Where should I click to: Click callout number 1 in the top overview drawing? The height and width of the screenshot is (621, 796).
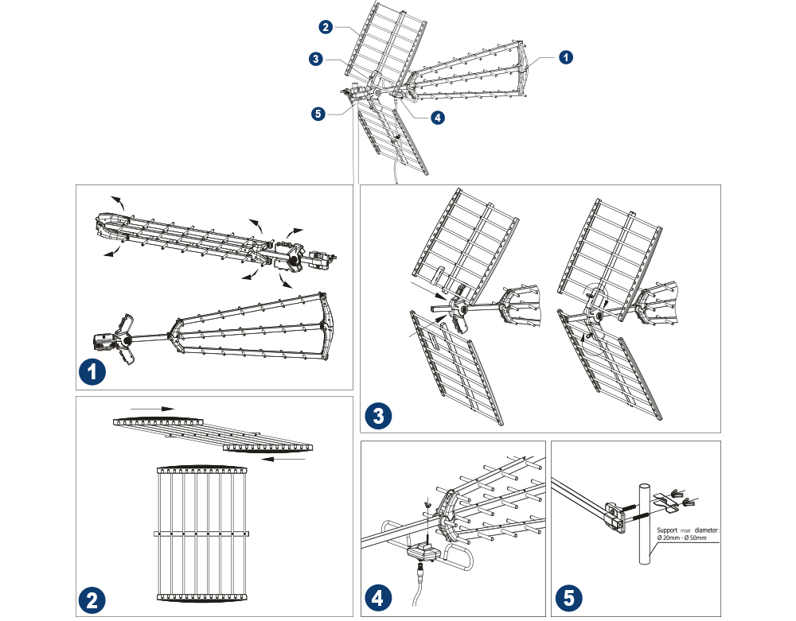click(565, 57)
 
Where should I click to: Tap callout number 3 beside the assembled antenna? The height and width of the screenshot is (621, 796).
click(317, 58)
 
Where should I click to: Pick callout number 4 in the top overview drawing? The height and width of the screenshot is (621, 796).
click(438, 117)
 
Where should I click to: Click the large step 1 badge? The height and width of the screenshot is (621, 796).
click(93, 371)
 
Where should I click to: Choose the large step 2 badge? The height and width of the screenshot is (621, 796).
click(93, 600)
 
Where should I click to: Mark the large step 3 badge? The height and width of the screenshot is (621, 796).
click(380, 415)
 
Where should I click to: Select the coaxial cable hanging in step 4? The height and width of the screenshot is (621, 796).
click(418, 592)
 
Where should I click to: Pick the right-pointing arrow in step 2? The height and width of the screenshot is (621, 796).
click(153, 409)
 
